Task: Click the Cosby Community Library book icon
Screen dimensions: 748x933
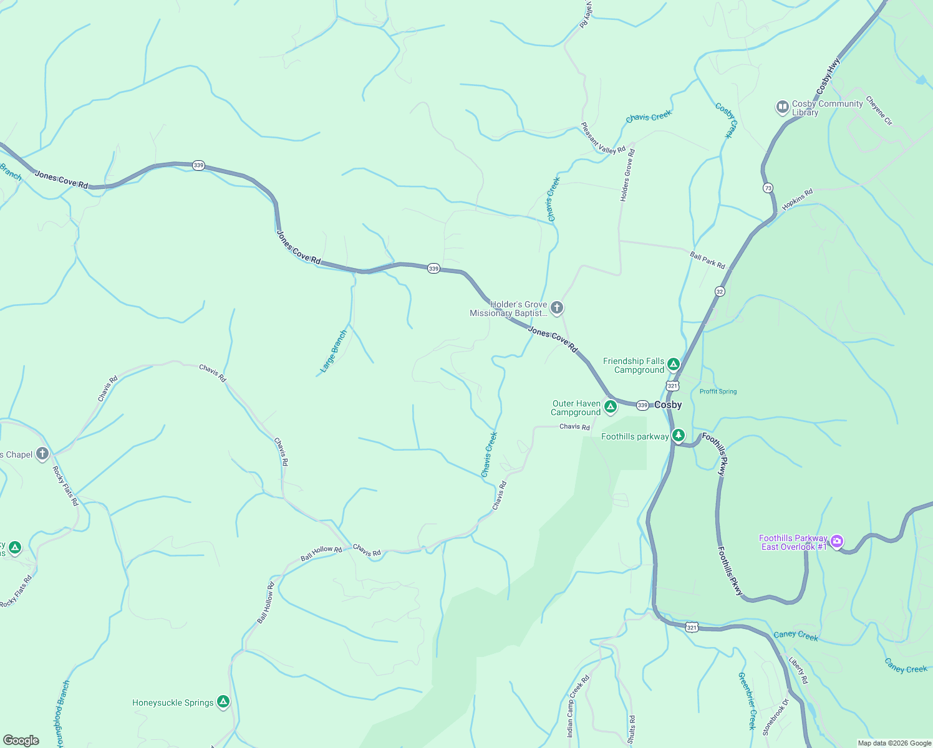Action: pos(782,107)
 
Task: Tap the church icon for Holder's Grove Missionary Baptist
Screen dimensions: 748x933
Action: pos(557,307)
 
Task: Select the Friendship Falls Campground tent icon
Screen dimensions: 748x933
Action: pos(673,364)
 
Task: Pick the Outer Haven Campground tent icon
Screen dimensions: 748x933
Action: pos(611,407)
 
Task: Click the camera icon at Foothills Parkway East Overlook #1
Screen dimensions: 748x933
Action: pos(837,541)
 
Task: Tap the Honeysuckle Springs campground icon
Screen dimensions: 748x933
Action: pos(223,701)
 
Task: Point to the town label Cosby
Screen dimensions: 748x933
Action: pos(668,405)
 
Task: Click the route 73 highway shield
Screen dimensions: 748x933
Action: pos(768,188)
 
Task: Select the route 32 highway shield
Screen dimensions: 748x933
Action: pos(720,291)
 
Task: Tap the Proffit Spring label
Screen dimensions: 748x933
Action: pos(718,391)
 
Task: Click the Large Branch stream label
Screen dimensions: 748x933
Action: pos(333,352)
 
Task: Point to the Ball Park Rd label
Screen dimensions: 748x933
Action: pos(707,260)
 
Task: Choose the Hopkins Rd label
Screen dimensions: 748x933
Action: pos(798,199)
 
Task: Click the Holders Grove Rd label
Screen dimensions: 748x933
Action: pos(627,175)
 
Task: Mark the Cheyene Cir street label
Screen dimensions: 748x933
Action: pos(879,110)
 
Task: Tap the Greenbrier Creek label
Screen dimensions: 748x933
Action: pos(747,701)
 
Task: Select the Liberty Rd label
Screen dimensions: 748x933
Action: pos(798,671)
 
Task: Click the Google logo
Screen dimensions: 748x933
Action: pos(21,740)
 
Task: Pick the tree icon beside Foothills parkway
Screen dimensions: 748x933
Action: pos(678,435)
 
